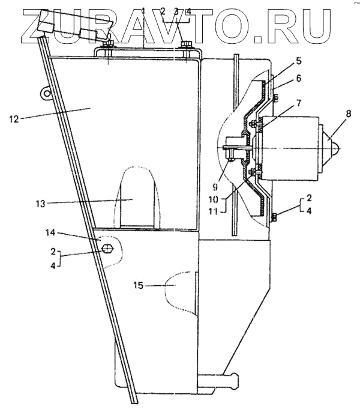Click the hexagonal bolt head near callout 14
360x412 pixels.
tap(107, 249)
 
